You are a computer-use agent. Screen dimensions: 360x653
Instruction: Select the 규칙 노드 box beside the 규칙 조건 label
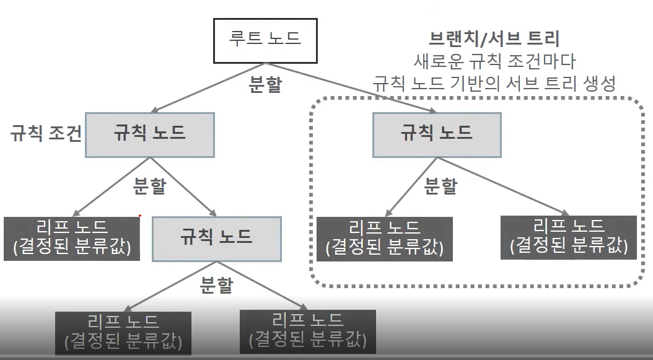pos(149,134)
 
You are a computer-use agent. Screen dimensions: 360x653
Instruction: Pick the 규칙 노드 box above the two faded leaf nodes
pos(216,236)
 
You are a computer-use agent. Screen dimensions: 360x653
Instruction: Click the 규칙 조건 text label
pos(46,134)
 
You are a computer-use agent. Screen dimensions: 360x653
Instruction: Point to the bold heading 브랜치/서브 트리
pos(494,39)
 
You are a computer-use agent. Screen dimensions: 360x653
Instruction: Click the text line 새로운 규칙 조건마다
pos(494,61)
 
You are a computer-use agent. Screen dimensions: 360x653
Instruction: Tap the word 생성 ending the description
pos(599,84)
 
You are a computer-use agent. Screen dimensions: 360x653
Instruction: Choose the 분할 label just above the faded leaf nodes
pos(216,286)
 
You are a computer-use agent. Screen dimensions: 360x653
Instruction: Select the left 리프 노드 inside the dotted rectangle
pos(384,239)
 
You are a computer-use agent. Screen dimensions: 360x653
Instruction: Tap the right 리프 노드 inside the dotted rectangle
pos(569,236)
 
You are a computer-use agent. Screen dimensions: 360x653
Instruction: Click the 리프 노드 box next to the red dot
pos(71,239)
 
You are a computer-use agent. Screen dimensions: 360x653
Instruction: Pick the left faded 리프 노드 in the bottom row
pos(123,332)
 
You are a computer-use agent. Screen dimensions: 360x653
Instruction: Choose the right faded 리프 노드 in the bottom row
pos(307,330)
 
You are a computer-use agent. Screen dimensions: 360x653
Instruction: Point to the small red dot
pos(140,216)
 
